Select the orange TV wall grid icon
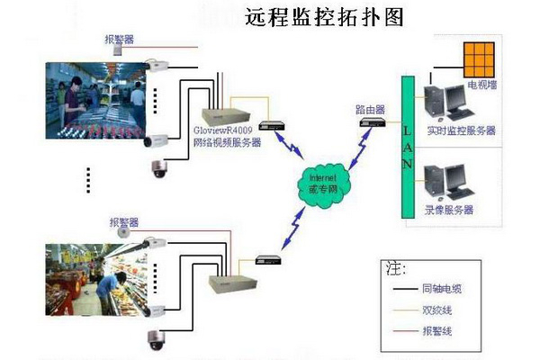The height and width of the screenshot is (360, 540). (x=480, y=60)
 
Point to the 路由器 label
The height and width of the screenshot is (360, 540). (x=370, y=108)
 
